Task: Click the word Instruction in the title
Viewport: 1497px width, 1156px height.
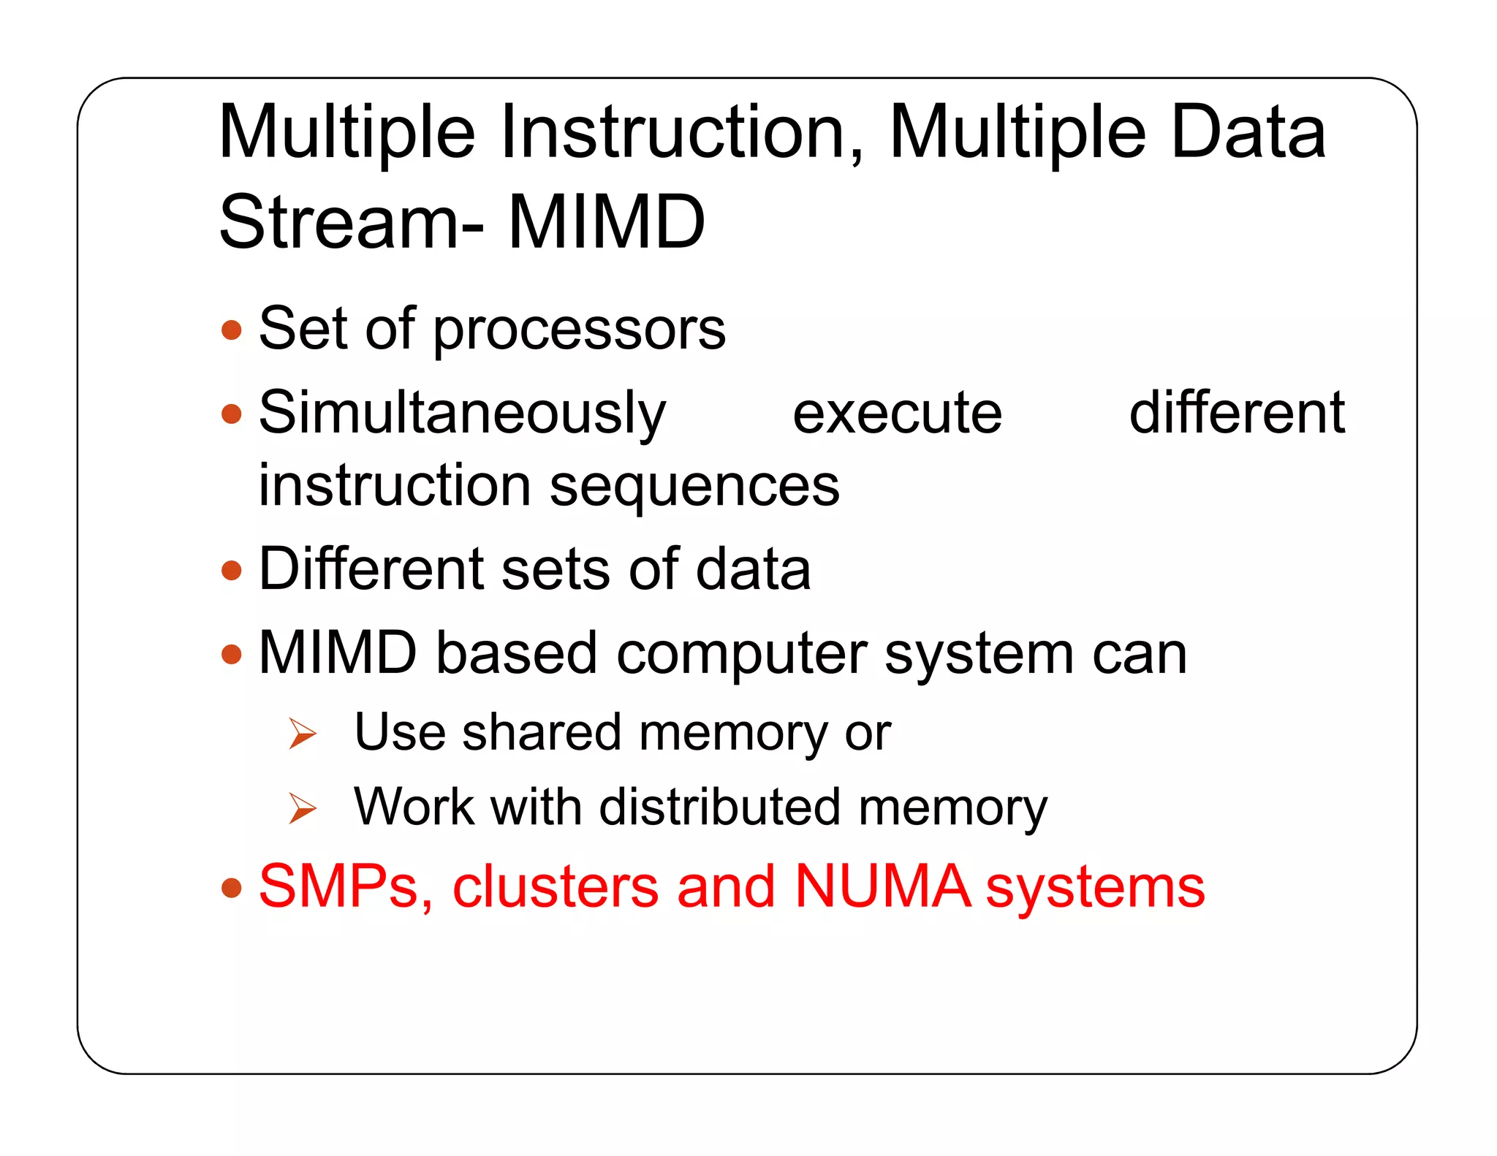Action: (x=681, y=133)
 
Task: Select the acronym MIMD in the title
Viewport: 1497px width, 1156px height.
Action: (x=606, y=222)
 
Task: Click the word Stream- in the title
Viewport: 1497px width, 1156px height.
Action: (x=351, y=222)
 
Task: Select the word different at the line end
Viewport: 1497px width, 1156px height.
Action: (x=1237, y=414)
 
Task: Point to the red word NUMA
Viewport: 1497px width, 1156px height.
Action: (x=883, y=887)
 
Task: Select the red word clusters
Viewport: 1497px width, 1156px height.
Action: (x=556, y=887)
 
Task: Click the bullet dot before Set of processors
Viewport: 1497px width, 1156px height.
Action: (x=232, y=330)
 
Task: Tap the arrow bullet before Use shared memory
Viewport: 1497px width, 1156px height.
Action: (x=302, y=734)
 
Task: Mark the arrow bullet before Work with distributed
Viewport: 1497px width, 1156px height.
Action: (x=302, y=808)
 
